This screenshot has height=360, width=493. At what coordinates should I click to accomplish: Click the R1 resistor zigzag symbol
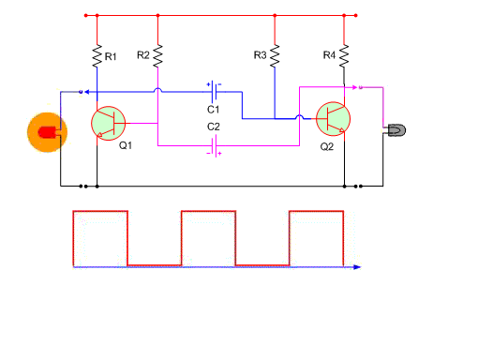pyautogui.click(x=97, y=56)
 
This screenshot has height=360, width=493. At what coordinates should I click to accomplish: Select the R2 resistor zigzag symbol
pyautogui.click(x=157, y=56)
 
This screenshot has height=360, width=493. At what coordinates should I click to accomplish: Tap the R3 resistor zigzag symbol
pyautogui.click(x=275, y=56)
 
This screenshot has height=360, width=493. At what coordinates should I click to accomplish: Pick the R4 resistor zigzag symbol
pyautogui.click(x=344, y=56)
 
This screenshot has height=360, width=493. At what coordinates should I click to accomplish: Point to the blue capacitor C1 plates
pyautogui.click(x=214, y=92)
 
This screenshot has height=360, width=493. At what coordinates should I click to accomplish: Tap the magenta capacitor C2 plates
pyautogui.click(x=215, y=146)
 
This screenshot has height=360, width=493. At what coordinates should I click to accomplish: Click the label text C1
pyautogui.click(x=213, y=110)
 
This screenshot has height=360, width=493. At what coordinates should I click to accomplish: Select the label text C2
pyautogui.click(x=213, y=127)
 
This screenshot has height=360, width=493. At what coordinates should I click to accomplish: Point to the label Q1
pyautogui.click(x=126, y=145)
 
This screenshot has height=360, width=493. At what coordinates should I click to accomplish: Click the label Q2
pyautogui.click(x=327, y=146)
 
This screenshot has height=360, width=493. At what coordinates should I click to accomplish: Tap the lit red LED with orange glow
pyautogui.click(x=47, y=132)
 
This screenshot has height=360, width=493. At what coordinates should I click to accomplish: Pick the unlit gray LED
pyautogui.click(x=396, y=130)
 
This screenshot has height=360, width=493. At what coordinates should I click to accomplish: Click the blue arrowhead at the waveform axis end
pyautogui.click(x=357, y=267)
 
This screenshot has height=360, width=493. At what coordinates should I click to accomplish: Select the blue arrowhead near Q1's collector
pyautogui.click(x=87, y=92)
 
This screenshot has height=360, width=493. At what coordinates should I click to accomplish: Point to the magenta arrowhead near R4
pyautogui.click(x=354, y=87)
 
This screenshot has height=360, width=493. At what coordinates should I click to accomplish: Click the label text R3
pyautogui.click(x=260, y=55)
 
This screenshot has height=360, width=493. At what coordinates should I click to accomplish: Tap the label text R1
pyautogui.click(x=111, y=56)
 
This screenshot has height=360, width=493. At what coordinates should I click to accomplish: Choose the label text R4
pyautogui.click(x=329, y=55)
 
